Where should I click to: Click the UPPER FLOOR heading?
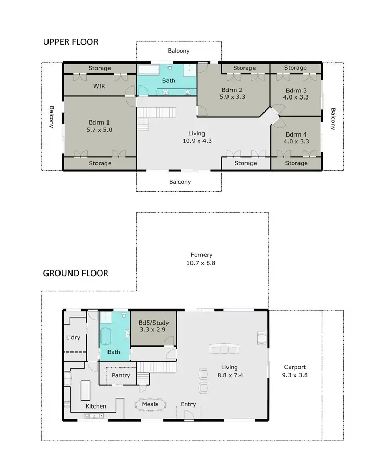coord(70,42)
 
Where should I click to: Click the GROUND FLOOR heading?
coord(76,273)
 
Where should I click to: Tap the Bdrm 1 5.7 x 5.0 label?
coord(100,127)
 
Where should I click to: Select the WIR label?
coord(100,86)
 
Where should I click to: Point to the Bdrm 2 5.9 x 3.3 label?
coord(232,93)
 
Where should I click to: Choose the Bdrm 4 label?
coord(296,138)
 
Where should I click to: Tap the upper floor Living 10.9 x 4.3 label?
coord(197,137)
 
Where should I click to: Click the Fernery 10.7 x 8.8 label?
coord(201,259)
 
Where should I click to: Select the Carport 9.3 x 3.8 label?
coord(295,371)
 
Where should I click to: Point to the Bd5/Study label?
coord(152,326)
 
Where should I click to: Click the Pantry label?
coord(121,375)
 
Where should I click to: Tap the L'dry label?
coord(73,337)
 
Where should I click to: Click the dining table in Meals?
coord(150,404)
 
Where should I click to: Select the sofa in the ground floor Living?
coord(226,349)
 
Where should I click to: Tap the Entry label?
coord(188,404)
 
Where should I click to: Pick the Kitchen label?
coord(95,406)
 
